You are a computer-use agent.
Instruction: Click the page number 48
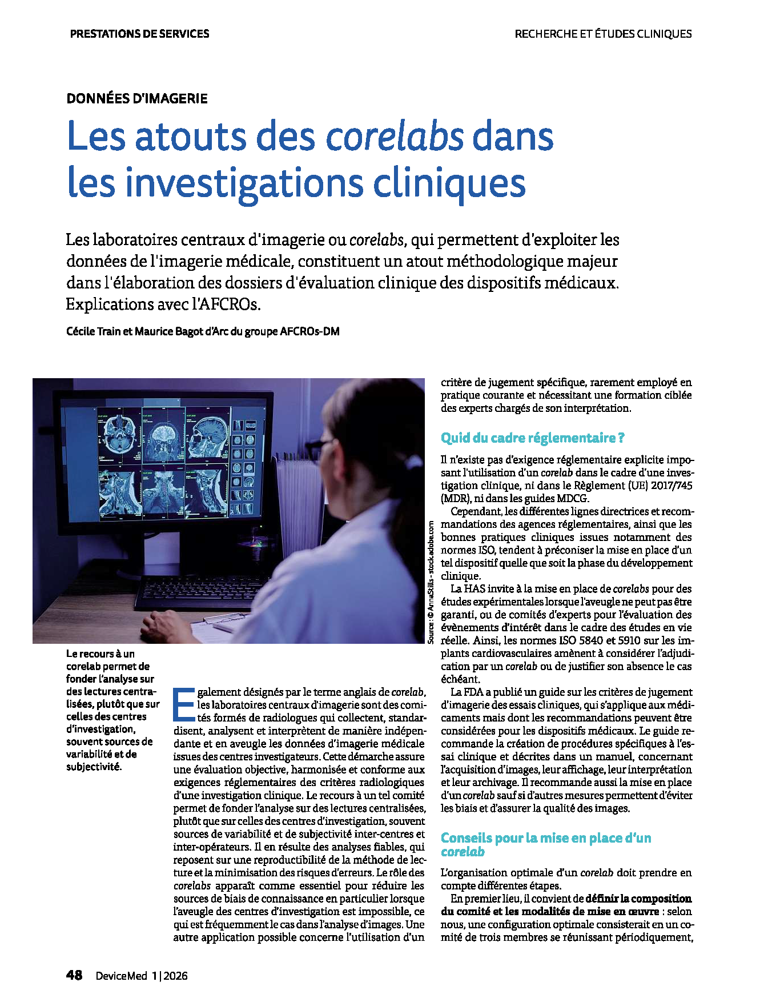pos(74,975)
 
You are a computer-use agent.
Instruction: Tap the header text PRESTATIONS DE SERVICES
pos(139,34)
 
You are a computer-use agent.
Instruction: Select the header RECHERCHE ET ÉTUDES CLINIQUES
pos(603,34)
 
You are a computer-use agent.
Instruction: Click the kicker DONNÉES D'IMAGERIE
pos(137,98)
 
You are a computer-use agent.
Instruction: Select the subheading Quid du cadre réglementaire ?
pos(532,438)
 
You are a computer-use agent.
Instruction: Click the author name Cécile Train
pos(94,331)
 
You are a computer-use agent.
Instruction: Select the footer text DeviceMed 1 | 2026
pos(142,976)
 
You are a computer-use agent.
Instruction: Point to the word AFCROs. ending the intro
pos(228,304)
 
